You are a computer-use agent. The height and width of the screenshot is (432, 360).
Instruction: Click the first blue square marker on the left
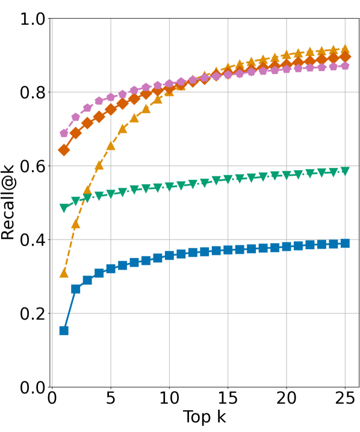point(64,330)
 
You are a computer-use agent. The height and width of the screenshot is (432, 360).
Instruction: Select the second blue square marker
point(76,289)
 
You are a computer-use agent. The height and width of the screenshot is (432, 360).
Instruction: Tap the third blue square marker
point(87,280)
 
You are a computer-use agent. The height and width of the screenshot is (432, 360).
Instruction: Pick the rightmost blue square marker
point(345,243)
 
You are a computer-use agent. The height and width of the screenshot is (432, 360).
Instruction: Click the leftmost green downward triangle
point(64,208)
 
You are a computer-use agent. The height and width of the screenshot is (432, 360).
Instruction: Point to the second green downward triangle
point(76,201)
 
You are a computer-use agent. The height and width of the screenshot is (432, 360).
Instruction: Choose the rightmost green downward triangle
point(345,171)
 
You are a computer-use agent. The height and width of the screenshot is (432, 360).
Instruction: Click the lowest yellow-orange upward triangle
point(64,273)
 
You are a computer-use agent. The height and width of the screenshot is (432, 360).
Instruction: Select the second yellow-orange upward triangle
point(76,223)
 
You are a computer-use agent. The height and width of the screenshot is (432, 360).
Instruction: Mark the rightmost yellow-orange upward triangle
point(345,49)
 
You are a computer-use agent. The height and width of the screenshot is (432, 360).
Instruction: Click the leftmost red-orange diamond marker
point(64,150)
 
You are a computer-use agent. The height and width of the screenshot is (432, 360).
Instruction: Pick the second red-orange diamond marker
point(76,132)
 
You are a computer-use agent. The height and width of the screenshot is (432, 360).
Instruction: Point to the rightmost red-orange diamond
point(345,57)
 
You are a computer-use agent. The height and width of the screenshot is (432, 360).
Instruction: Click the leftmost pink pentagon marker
point(64,133)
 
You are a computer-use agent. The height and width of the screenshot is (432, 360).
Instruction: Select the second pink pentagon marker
point(76,117)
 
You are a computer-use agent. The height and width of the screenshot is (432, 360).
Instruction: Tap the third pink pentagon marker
point(87,108)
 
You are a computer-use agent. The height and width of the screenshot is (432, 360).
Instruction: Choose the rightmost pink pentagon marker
point(345,66)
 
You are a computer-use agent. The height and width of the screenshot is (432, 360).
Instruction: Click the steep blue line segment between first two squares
point(70,310)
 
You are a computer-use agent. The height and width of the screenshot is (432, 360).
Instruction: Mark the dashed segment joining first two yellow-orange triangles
point(70,248)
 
